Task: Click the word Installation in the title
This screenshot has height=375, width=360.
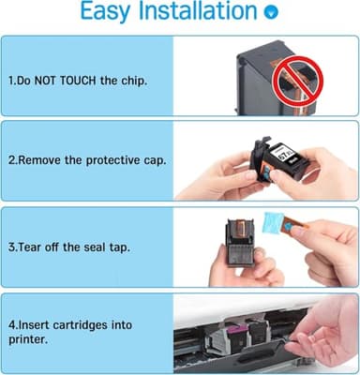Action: pos(195,13)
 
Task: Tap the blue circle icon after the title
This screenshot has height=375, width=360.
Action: pos(272,14)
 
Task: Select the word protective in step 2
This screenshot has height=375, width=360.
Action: pos(111,158)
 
